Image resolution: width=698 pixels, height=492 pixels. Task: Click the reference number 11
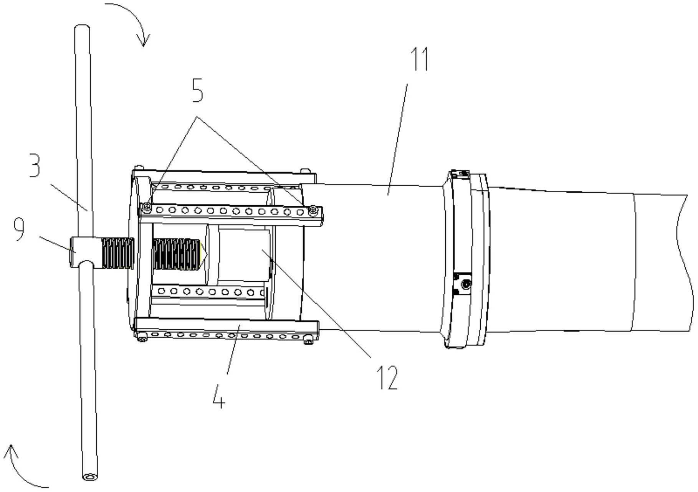click(x=420, y=59)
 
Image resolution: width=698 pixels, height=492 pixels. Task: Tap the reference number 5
click(x=197, y=91)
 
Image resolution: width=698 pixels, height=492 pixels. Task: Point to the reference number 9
click(x=19, y=229)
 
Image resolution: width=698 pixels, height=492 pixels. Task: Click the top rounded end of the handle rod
click(x=82, y=28)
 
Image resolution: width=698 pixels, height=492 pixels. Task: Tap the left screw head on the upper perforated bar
click(x=146, y=208)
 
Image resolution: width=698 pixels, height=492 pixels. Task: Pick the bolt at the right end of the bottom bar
click(x=308, y=340)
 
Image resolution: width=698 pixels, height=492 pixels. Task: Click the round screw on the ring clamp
click(x=466, y=284)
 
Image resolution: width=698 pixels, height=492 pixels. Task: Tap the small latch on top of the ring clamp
click(x=460, y=173)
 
